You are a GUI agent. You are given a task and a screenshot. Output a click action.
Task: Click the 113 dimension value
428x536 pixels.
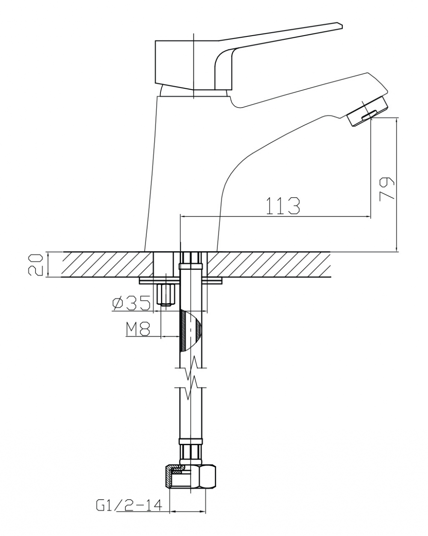coord(283,206)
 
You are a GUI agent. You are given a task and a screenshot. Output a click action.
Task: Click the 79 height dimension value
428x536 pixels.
coord(387,188)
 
